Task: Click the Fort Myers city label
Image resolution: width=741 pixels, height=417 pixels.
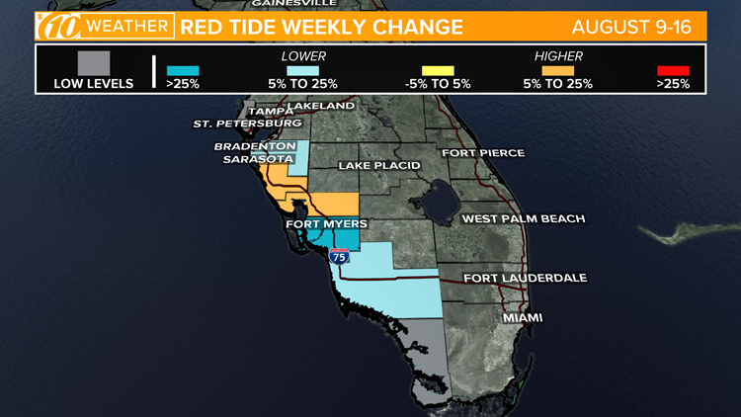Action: point(326,224)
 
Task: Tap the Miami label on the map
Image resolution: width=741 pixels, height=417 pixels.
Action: point(523,318)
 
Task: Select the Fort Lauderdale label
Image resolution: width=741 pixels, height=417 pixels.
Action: point(525,278)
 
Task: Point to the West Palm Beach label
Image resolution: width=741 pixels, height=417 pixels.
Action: point(524,218)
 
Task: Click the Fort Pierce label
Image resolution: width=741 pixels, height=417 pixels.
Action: point(483,153)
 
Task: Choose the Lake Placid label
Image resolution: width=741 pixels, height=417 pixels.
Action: point(379,165)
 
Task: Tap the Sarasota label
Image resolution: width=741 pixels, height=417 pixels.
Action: point(257,158)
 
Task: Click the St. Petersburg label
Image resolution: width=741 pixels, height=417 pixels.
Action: point(247,124)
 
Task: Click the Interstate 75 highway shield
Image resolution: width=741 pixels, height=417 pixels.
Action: point(339,256)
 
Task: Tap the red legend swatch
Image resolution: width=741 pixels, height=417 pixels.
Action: point(673,70)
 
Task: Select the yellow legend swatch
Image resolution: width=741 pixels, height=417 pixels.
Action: point(438,70)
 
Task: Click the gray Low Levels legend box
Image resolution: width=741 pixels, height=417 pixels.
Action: point(93,61)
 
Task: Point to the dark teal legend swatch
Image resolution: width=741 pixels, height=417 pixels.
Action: point(183,70)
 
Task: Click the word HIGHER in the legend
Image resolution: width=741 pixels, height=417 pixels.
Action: point(558,56)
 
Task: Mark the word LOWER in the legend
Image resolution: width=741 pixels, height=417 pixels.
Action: point(303,56)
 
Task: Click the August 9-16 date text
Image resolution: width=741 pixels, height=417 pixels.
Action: point(645,26)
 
